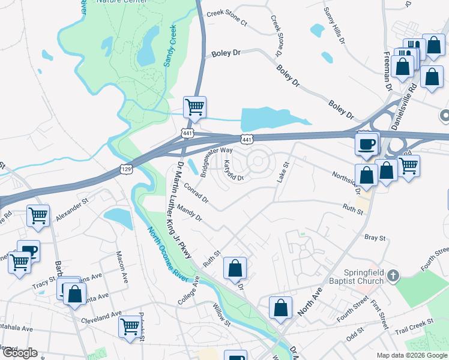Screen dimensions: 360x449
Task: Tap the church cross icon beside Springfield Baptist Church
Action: click(x=393, y=276)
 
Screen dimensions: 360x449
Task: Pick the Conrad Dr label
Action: click(x=196, y=192)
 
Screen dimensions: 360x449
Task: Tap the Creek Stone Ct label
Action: click(x=226, y=19)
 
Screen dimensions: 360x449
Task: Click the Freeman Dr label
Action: click(x=387, y=70)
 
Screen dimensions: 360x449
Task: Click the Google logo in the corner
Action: click(x=19, y=353)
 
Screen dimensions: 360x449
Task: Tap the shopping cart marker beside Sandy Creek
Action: click(x=194, y=108)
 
